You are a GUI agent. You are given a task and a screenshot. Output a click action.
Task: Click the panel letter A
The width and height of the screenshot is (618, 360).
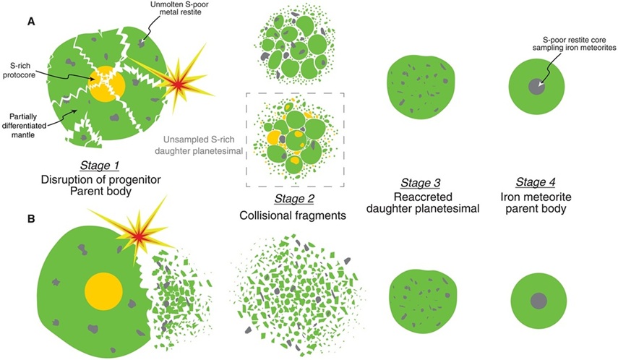tap(33, 22)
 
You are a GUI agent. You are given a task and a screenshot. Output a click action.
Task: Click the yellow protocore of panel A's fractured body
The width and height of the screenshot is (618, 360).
tap(107, 85)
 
